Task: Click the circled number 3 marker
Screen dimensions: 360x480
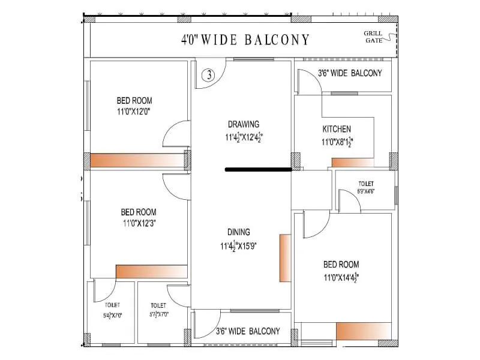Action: (x=208, y=75)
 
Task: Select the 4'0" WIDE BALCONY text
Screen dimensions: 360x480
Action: (x=246, y=40)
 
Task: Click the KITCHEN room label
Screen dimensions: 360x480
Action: (x=337, y=129)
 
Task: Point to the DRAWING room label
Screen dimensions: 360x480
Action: (x=244, y=124)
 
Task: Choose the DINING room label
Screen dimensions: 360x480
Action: (x=239, y=232)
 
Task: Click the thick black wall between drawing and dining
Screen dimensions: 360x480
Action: (x=258, y=170)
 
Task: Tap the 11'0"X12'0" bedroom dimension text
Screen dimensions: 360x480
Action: (x=134, y=112)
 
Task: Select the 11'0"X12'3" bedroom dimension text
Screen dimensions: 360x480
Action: (x=139, y=223)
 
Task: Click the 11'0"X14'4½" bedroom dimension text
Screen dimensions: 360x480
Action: (x=341, y=277)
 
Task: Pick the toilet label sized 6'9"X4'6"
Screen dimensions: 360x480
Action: (x=366, y=187)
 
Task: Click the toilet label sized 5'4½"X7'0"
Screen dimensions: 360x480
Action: (x=112, y=310)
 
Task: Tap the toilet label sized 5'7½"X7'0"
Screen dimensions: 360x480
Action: (x=158, y=310)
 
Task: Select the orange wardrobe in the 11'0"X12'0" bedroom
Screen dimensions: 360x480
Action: (x=137, y=160)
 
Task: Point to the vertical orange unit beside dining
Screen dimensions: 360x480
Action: (x=285, y=258)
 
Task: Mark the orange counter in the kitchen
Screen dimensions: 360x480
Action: (x=353, y=163)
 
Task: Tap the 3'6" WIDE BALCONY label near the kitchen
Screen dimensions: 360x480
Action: (x=350, y=73)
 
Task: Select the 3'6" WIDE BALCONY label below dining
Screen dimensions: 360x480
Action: (x=247, y=331)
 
